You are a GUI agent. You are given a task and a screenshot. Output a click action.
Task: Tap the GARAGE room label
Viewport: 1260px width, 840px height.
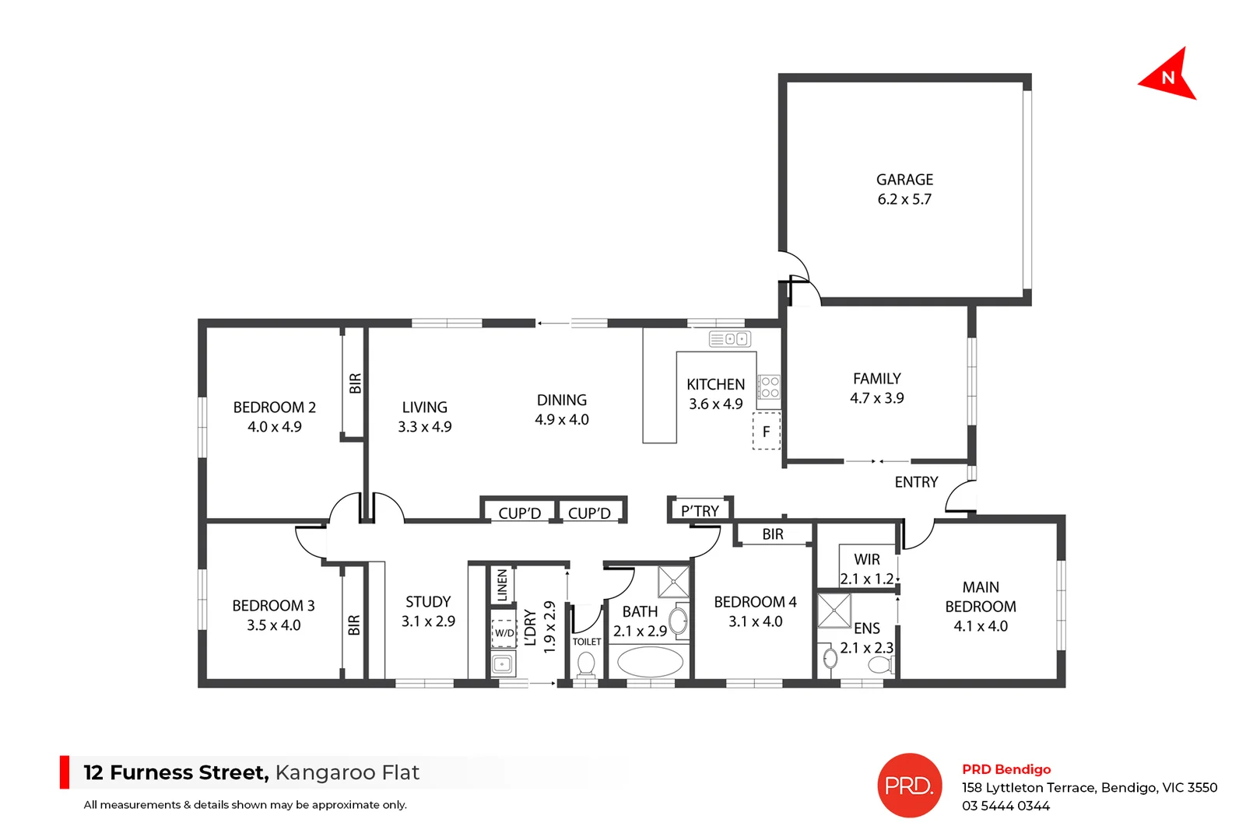904,180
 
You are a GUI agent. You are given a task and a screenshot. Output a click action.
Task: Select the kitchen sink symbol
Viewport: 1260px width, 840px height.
729,339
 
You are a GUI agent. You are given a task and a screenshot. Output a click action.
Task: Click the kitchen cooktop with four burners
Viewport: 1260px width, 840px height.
770,387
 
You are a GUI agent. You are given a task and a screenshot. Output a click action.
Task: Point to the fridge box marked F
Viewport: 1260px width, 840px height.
766,432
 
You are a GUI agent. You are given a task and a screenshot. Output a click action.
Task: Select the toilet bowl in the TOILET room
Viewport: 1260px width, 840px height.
586,664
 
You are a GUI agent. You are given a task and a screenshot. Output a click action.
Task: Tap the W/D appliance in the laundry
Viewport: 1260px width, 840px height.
504,632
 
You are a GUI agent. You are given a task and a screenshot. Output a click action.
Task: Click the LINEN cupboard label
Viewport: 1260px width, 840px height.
502,585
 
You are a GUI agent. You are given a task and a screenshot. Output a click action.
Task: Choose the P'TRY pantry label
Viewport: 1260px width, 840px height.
700,511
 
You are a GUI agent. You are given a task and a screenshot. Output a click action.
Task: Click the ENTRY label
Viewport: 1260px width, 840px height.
916,482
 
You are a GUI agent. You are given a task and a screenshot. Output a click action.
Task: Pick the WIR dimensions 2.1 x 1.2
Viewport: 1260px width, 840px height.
866,579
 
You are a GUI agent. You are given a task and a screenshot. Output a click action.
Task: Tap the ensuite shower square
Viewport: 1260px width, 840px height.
834,611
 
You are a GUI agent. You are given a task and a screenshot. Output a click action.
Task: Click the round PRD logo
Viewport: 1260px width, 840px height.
909,786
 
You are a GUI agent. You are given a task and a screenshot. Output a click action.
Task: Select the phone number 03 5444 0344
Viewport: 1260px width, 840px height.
1006,806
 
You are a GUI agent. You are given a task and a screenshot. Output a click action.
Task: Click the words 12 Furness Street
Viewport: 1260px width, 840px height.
176,772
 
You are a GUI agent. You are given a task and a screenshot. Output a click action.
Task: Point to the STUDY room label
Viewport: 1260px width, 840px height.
428,602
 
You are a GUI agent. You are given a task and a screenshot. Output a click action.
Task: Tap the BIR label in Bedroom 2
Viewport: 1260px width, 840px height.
355,383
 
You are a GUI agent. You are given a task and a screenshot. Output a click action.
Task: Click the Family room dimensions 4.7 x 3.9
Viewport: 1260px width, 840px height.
876,398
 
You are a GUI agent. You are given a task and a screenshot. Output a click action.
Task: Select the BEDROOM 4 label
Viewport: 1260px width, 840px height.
755,602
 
